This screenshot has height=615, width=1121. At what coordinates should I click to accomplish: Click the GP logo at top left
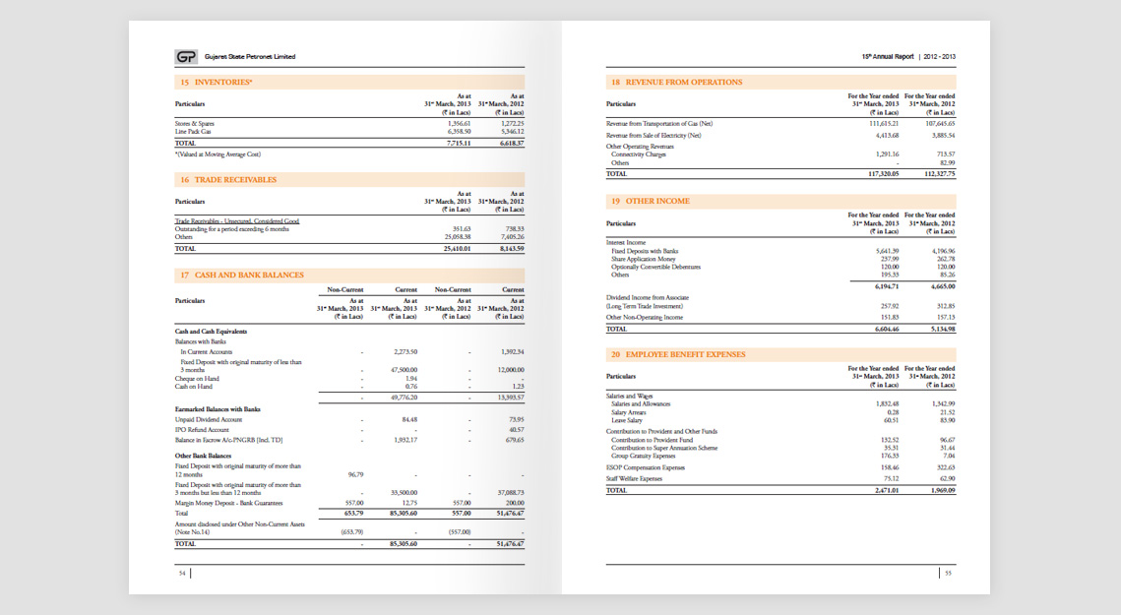tap(186, 57)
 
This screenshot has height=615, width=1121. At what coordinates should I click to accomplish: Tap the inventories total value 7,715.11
tap(458, 144)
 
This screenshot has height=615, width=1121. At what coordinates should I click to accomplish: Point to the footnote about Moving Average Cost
tap(218, 154)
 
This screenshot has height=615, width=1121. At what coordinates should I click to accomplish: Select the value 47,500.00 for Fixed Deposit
tap(405, 369)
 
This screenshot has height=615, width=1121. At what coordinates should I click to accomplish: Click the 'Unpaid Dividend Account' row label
tap(209, 420)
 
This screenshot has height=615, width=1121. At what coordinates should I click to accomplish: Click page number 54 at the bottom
tap(182, 573)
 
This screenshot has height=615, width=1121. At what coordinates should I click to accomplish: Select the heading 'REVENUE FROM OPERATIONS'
tap(684, 83)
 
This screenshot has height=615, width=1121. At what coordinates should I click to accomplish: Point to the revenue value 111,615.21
tap(884, 123)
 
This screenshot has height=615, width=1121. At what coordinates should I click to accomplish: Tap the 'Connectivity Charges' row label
tap(639, 154)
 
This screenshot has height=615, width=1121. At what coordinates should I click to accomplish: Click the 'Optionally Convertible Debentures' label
tap(656, 267)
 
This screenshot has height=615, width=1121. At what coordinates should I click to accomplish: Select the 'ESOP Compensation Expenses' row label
tap(646, 467)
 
